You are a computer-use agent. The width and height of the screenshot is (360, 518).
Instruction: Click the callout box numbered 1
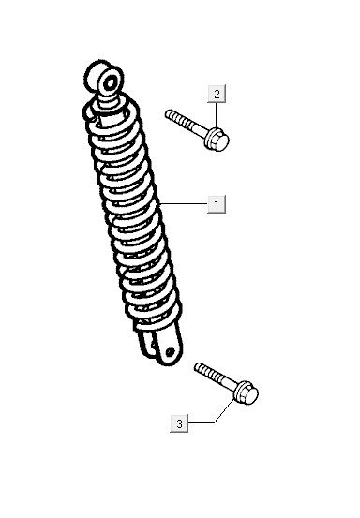[x=216, y=203]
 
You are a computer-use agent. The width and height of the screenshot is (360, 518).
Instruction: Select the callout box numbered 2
[x=217, y=94]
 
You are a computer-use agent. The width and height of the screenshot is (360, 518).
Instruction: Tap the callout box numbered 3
[x=179, y=424]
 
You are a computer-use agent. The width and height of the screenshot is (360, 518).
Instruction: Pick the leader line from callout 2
[x=218, y=114]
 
